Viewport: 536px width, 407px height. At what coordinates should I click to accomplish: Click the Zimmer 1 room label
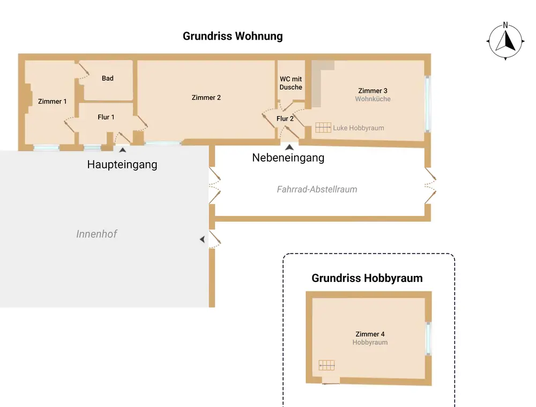point(53,101)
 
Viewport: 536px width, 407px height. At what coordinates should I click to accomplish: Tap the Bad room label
point(108,78)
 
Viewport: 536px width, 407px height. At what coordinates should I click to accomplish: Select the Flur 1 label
point(106,117)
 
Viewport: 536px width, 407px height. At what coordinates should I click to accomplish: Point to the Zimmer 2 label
point(206,98)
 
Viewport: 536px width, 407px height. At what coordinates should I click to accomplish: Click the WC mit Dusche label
point(291,83)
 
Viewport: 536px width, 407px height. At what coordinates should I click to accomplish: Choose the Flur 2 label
point(285,119)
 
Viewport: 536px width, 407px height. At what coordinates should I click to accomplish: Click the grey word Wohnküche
point(373,99)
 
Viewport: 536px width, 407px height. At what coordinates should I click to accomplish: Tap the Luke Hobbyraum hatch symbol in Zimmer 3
point(323,127)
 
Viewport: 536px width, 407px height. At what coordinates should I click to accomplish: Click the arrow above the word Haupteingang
point(122,150)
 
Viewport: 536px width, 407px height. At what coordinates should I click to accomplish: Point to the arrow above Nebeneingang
point(289,147)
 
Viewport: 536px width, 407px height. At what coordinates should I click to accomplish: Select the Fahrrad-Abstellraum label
point(317,190)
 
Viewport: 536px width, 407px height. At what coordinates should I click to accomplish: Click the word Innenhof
point(96,234)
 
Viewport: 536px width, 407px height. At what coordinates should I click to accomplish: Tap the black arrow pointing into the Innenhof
point(203,239)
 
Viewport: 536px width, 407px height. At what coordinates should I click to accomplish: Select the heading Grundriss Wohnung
point(233,36)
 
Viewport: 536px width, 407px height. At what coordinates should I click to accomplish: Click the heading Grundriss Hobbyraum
point(367,278)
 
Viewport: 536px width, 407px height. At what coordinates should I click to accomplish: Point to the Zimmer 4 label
point(370,334)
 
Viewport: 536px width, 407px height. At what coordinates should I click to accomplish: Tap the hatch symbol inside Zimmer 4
point(326,365)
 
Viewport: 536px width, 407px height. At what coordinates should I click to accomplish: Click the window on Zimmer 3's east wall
point(427,104)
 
